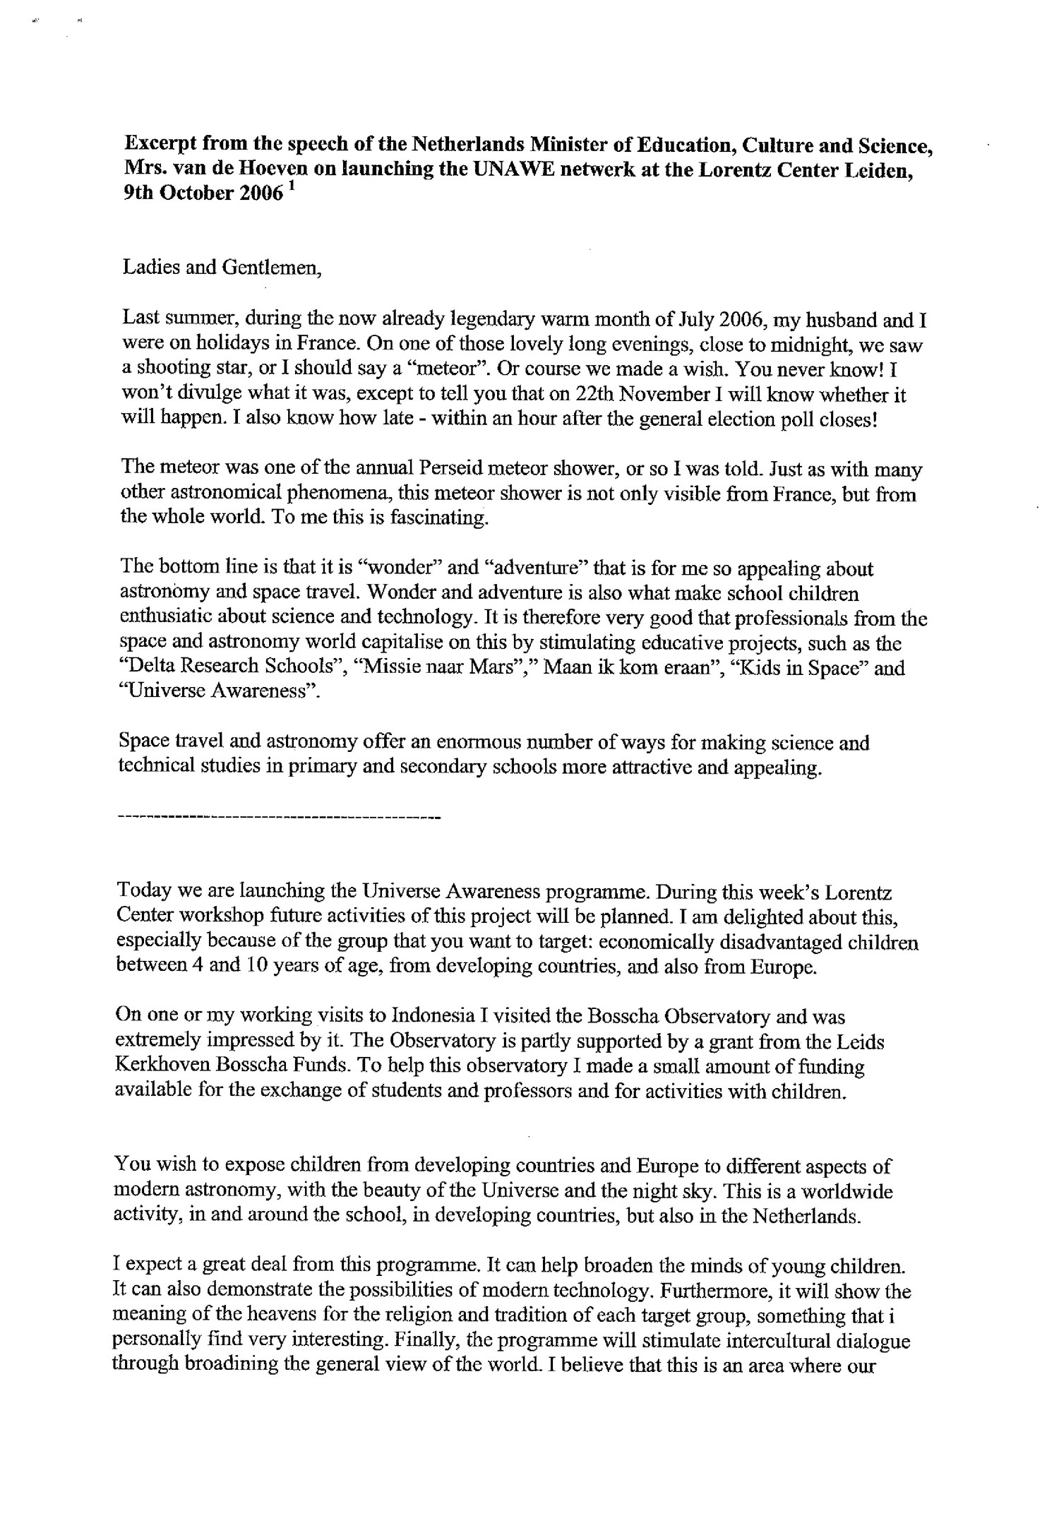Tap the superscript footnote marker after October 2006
tap(293, 189)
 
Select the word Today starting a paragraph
tap(142, 892)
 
